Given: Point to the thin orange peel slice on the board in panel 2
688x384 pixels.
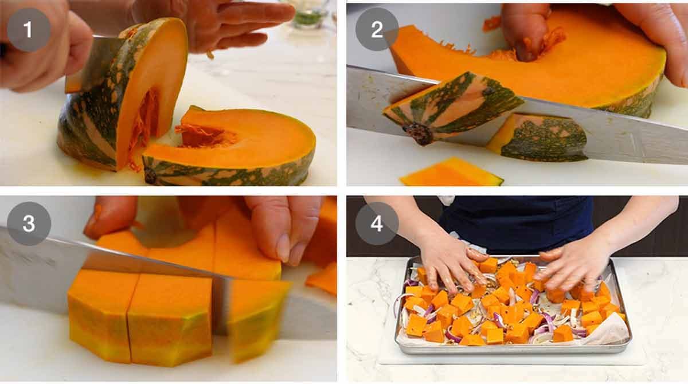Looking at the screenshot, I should [451, 173].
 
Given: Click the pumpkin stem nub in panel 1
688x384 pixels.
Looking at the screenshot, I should [151, 175].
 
